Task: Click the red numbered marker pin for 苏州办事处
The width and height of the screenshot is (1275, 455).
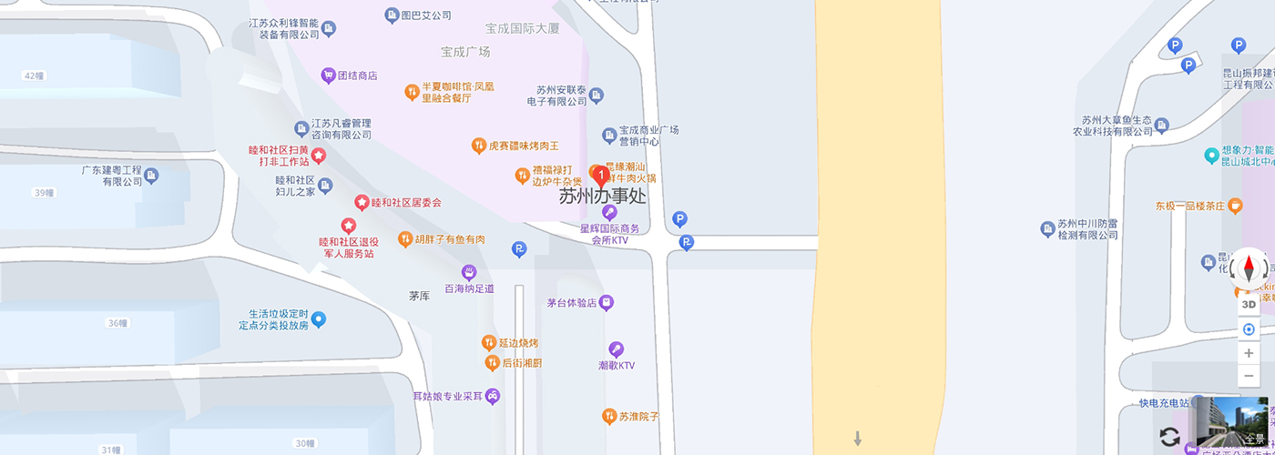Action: coord(600,174)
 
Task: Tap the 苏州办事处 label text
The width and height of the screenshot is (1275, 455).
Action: coord(602,196)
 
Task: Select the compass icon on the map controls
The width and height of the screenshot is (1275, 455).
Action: coord(1249,268)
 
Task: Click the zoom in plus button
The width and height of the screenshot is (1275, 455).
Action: coord(1249,353)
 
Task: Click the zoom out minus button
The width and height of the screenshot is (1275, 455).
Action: coord(1249,375)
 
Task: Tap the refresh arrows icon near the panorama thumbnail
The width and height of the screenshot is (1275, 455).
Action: coord(1170,436)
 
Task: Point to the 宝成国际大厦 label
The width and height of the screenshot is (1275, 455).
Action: coord(523,29)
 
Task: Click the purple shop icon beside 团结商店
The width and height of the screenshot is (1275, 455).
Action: coord(328,76)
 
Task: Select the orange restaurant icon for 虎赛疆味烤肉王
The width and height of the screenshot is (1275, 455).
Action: coord(478,146)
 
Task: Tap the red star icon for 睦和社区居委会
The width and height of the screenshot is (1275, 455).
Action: coord(362,202)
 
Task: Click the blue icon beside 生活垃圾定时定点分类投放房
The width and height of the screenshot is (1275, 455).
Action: coord(319,318)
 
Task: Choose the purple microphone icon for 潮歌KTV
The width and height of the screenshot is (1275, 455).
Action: coord(616,349)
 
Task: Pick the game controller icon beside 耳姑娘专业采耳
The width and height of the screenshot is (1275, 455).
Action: coord(493,396)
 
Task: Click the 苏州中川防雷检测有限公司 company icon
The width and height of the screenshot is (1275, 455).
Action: coord(1047,227)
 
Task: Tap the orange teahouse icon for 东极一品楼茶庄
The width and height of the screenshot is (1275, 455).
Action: coord(1234,206)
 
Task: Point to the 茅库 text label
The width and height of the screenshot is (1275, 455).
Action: coord(419,296)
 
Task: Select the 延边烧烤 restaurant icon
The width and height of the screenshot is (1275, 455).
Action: coord(488,343)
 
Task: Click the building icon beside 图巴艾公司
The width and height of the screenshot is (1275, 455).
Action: coord(392,15)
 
